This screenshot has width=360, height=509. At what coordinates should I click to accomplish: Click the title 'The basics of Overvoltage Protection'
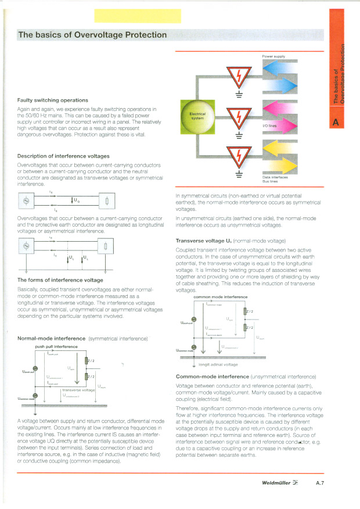click(x=92, y=35)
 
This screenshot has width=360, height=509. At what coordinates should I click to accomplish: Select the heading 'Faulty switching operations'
click(x=53, y=100)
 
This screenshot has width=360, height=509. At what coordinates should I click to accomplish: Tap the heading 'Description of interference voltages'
click(x=63, y=156)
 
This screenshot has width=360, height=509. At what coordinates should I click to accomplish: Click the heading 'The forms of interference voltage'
click(x=60, y=280)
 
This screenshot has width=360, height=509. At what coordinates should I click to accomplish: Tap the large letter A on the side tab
click(x=336, y=121)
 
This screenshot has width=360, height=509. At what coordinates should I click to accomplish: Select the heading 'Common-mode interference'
click(x=213, y=377)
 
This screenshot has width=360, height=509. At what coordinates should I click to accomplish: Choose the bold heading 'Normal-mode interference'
click(x=51, y=338)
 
